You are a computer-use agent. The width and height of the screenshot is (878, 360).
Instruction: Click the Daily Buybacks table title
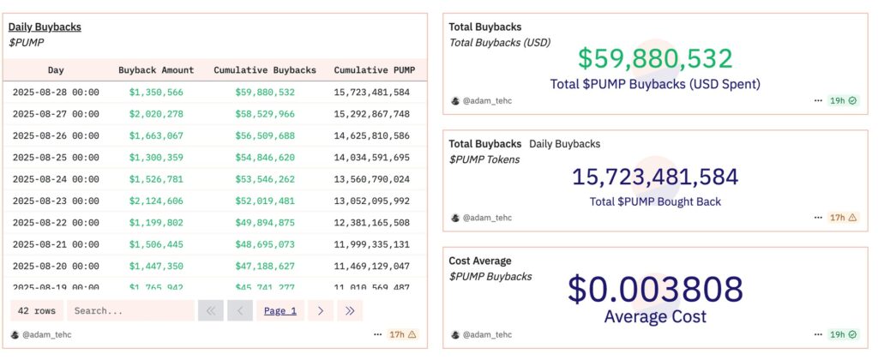pyautogui.click(x=45, y=27)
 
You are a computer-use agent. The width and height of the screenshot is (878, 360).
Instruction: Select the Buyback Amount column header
pyautogui.click(x=156, y=70)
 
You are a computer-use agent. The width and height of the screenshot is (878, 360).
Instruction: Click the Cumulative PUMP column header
pyautogui.click(x=371, y=70)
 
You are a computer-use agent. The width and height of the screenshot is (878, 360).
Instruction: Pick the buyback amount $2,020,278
pyautogui.click(x=156, y=114)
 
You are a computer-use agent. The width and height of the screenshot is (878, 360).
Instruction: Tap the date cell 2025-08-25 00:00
pyautogui.click(x=56, y=158)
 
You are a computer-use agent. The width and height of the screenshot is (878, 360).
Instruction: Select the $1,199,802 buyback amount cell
pyautogui.click(x=156, y=223)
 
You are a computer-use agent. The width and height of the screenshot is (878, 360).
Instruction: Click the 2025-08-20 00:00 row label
pyautogui.click(x=56, y=267)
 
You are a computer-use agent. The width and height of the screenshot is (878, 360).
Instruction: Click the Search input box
pyautogui.click(x=130, y=311)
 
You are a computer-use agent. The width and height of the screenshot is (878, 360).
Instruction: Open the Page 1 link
pyautogui.click(x=280, y=311)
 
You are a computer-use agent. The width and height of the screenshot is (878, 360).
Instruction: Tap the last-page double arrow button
pyautogui.click(x=350, y=311)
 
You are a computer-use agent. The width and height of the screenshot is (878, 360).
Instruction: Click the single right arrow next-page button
pyautogui.click(x=320, y=311)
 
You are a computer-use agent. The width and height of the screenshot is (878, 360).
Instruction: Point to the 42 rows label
pyautogui.click(x=36, y=311)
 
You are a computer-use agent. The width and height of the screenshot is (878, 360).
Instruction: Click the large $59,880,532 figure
pyautogui.click(x=655, y=59)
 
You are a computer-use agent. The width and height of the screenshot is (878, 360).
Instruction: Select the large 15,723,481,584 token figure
pyautogui.click(x=655, y=177)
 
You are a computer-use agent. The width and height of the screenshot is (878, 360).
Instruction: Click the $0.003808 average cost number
pyautogui.click(x=655, y=290)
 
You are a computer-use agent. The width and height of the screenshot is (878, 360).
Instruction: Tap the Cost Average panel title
pyautogui.click(x=480, y=261)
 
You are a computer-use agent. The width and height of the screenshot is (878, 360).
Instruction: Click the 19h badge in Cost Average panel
pyautogui.click(x=844, y=334)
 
